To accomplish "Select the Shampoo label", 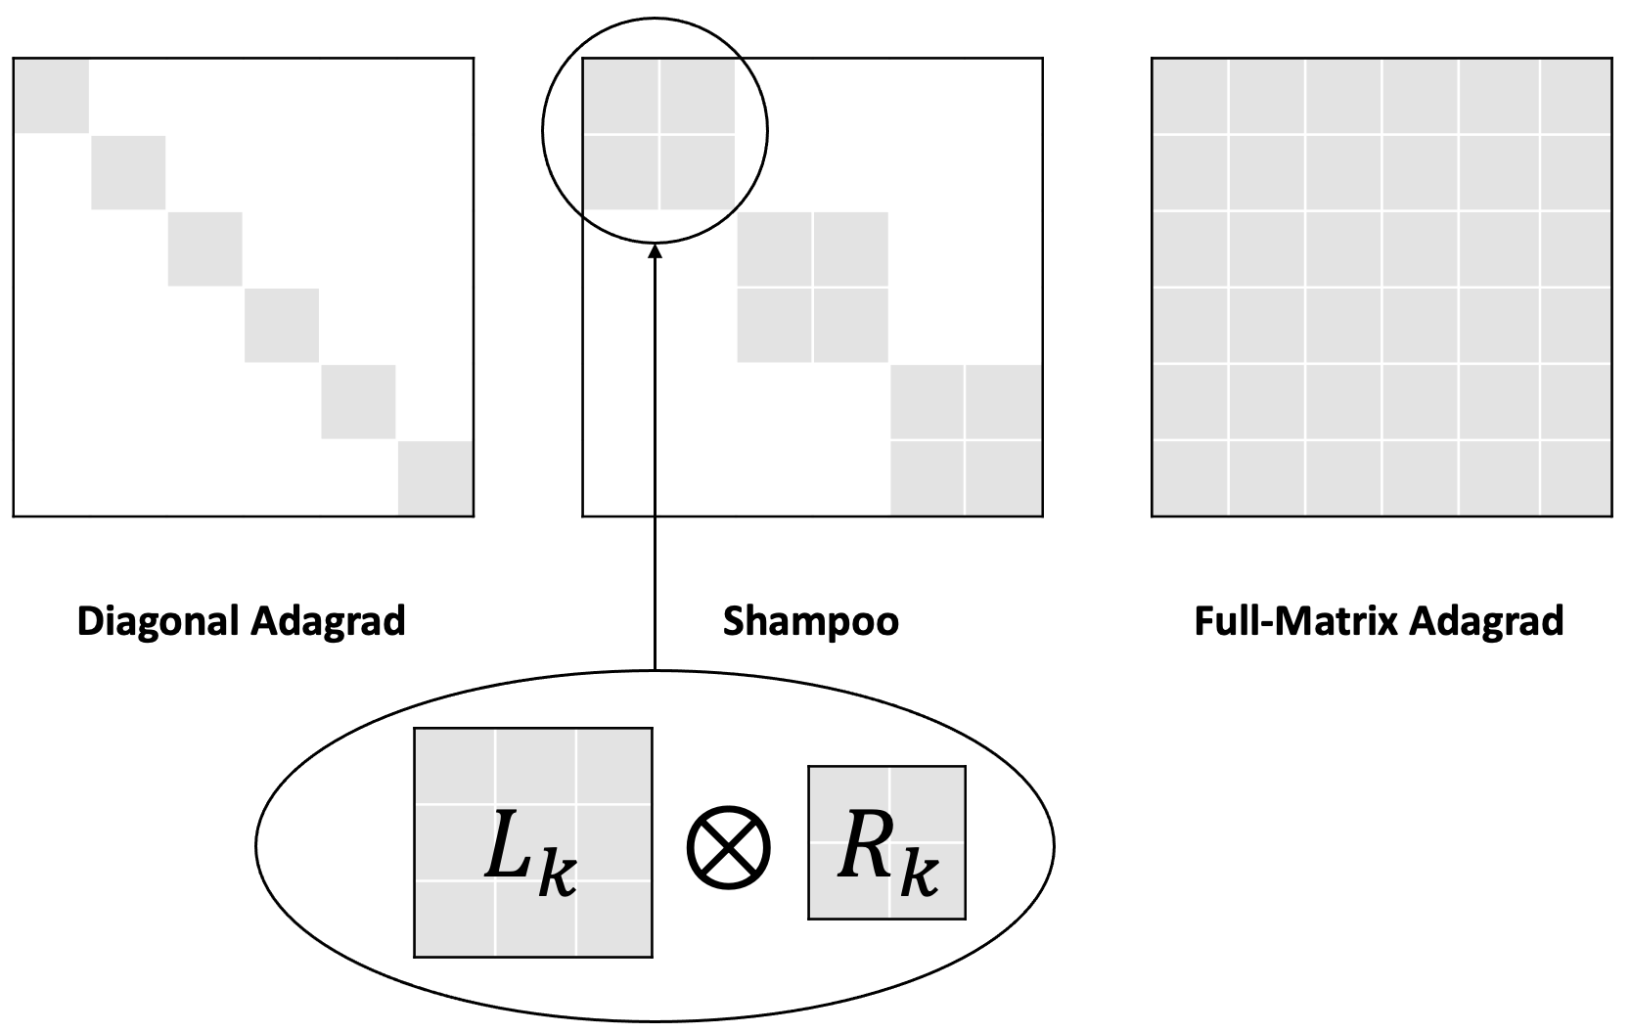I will (x=810, y=622).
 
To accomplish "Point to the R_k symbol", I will (x=886, y=857).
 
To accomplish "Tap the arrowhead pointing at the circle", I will (x=656, y=251).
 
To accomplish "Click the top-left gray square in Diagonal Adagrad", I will (x=51, y=95).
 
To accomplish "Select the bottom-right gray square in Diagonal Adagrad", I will (x=435, y=478).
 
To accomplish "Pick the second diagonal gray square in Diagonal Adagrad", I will (x=128, y=172).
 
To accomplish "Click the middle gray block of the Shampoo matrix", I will (x=812, y=288).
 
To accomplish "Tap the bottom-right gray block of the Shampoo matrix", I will (x=966, y=440).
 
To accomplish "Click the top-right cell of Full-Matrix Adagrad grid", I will (x=1575, y=95).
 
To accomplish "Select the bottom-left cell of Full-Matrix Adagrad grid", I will (x=1190, y=478).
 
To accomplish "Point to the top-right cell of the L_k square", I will (x=614, y=766).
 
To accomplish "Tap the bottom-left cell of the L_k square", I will (x=454, y=918).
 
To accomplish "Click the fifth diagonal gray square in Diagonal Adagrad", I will (x=358, y=402).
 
